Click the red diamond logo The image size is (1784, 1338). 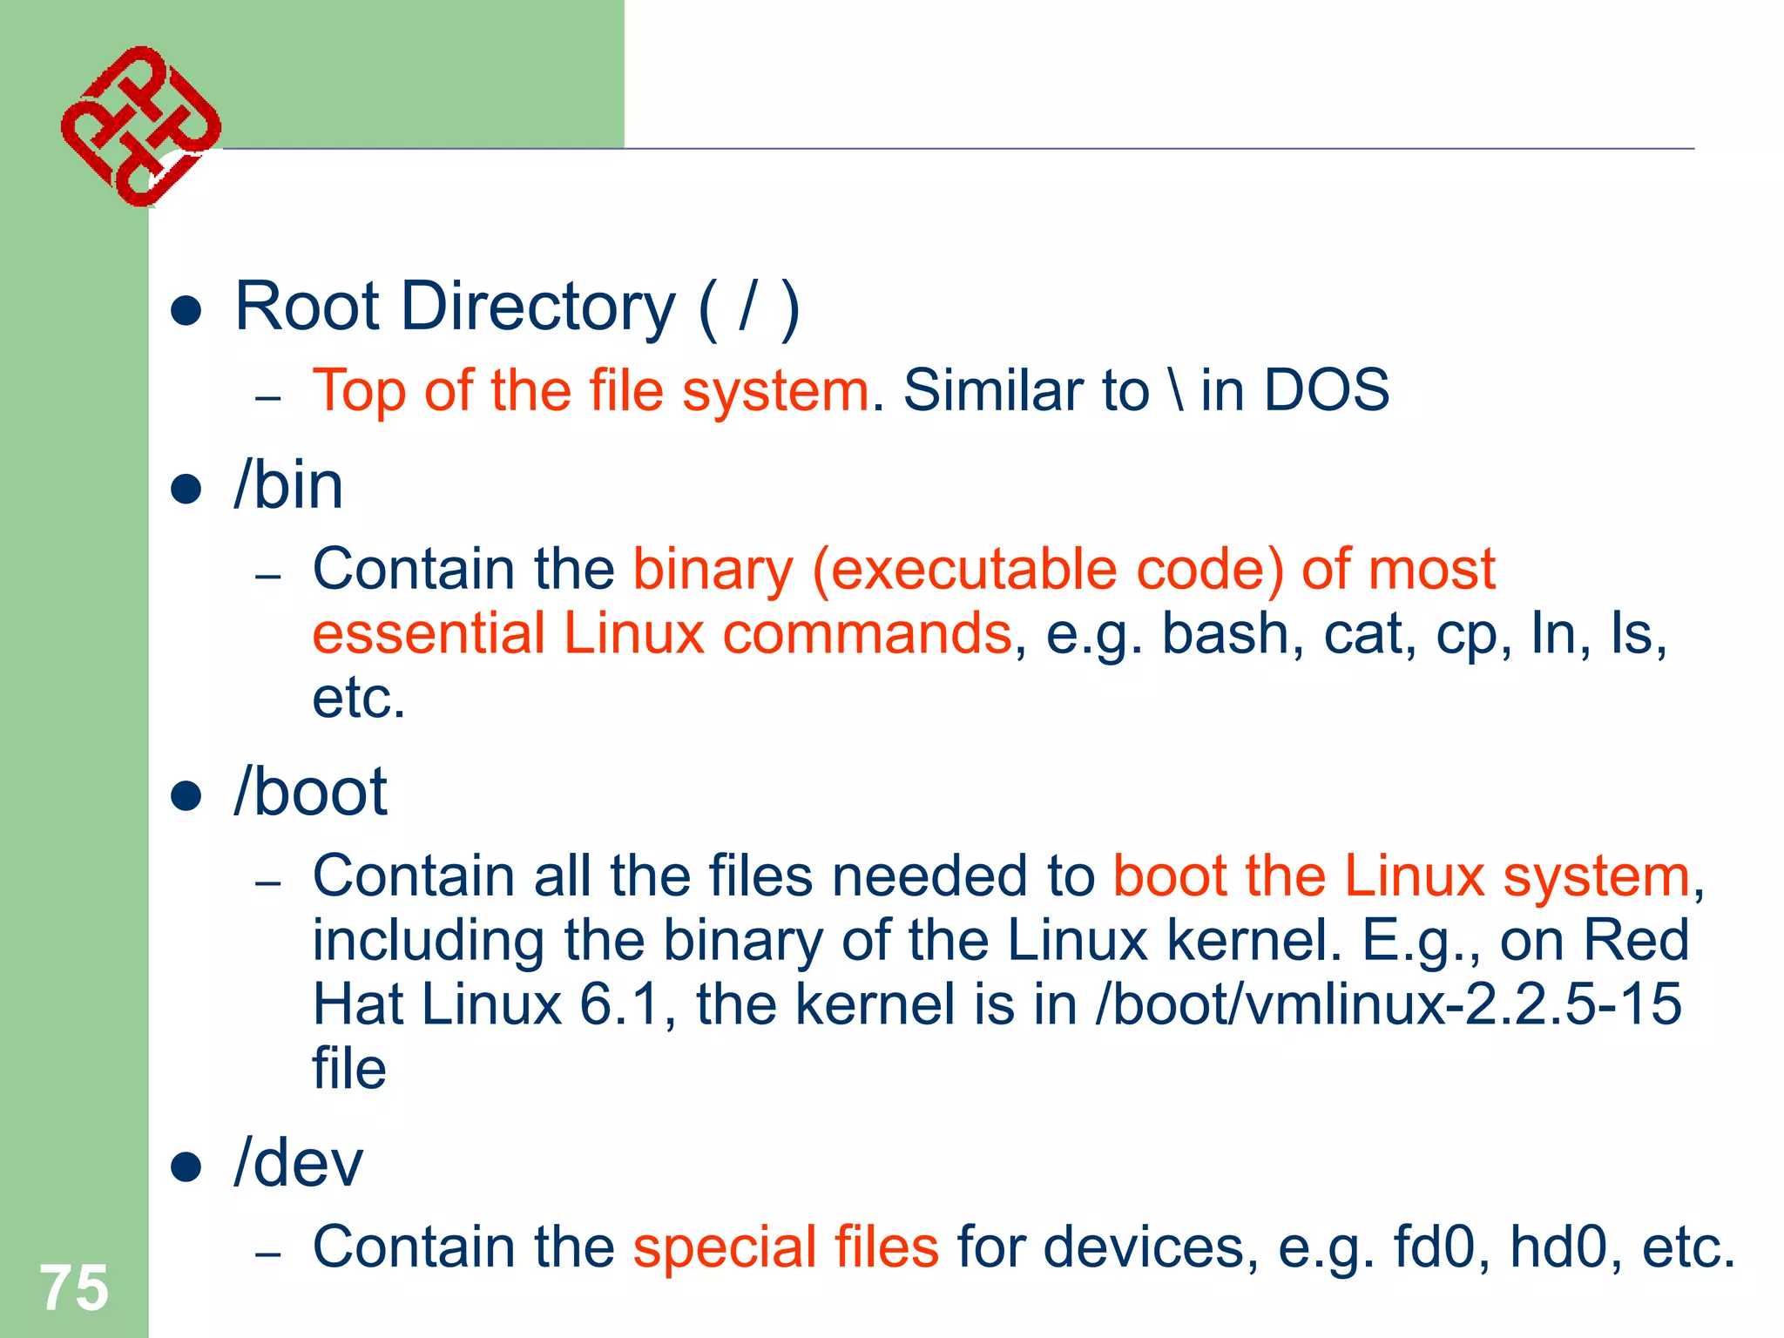[140, 125]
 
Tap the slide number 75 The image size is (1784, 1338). [74, 1287]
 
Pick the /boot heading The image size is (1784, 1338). [310, 792]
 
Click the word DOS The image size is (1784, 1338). [1326, 389]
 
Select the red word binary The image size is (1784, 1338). [713, 571]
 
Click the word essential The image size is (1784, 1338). [428, 633]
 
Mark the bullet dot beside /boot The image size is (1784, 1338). [186, 795]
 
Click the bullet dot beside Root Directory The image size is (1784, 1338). [186, 310]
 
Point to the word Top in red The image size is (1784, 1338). [358, 391]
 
